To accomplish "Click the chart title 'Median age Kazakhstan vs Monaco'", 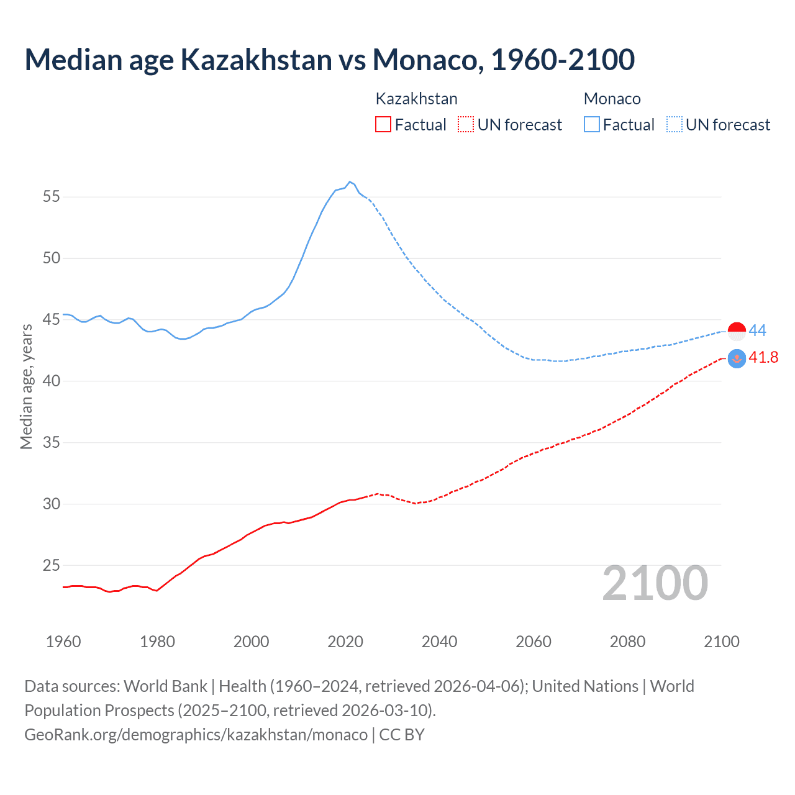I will click(329, 60).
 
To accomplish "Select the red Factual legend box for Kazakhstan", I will click(383, 125).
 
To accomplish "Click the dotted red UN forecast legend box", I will click(466, 125).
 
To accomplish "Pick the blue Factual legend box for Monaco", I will click(592, 125).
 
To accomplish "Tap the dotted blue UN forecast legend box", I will click(674, 125).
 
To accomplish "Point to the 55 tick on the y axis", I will click(52, 197).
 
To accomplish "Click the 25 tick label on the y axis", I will click(52, 565).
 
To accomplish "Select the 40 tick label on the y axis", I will click(52, 381).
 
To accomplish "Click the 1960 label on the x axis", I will click(63, 642).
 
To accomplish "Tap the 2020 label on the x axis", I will click(345, 642).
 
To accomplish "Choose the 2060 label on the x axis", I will click(534, 642).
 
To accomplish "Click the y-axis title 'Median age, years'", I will click(26, 386).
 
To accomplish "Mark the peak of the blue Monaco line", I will click(350, 182).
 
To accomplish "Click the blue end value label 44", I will click(757, 330).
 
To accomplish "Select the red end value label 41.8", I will click(763, 358).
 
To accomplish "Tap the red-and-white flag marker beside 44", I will click(737, 332).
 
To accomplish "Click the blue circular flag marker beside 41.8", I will click(737, 359).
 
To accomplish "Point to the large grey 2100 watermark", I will click(655, 583).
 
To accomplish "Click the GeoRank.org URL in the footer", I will click(196, 735).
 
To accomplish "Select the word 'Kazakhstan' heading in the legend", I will click(416, 99).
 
